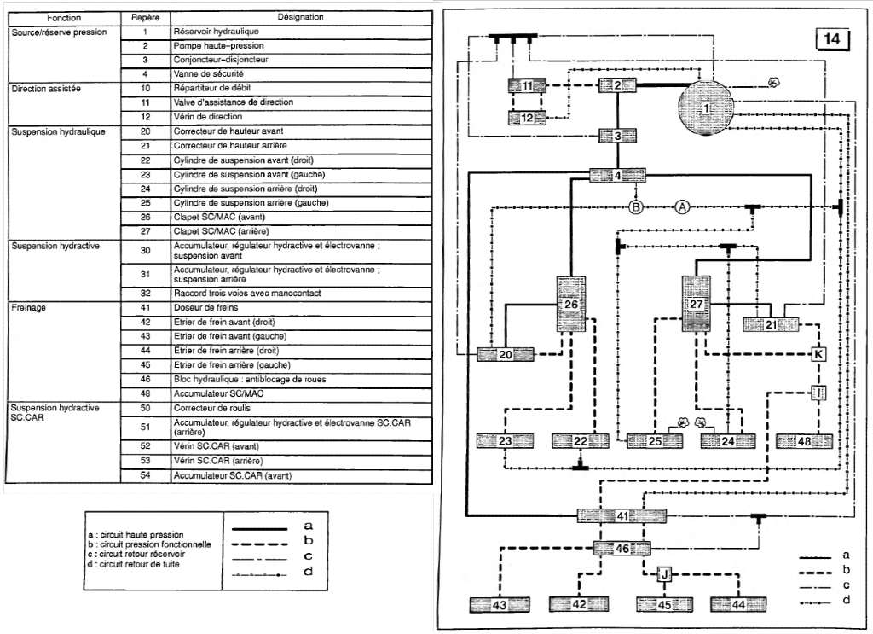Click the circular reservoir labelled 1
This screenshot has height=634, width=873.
tap(706, 108)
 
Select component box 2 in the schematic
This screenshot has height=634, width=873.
tap(617, 84)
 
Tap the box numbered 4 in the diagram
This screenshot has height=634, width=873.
tap(617, 176)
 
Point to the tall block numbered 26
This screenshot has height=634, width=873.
tap(571, 304)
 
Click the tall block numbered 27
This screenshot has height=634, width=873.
tap(697, 304)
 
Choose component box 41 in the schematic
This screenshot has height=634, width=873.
tap(622, 515)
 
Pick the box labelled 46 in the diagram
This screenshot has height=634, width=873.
tap(622, 549)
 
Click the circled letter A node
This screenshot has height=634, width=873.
tap(682, 206)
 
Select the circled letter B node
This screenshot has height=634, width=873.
tap(635, 206)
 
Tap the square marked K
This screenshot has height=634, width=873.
tap(818, 353)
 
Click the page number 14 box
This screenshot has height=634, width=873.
tap(832, 39)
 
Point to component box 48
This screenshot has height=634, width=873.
tap(804, 441)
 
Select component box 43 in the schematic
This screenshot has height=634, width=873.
tap(499, 605)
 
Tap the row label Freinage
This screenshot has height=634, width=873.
tap(30, 307)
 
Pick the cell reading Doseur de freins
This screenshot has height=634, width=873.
tap(205, 307)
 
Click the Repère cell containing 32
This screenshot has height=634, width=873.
tap(146, 293)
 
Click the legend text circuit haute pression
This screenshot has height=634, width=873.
tap(142, 535)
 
